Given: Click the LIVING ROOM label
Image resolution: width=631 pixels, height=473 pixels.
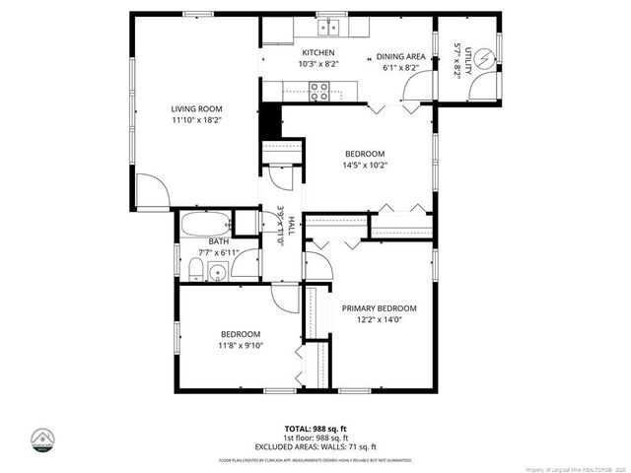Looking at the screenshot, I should click(196, 108).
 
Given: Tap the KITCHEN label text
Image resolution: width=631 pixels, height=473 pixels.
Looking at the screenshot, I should click(318, 52).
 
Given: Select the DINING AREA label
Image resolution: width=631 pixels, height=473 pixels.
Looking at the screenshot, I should click(401, 56).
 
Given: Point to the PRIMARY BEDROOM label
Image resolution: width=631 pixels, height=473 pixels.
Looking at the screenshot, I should click(379, 308).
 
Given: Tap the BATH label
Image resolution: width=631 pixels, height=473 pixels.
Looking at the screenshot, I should click(218, 241).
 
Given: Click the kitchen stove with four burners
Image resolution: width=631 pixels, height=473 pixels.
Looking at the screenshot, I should click(320, 91).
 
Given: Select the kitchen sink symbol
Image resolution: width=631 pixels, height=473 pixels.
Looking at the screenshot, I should click(332, 28).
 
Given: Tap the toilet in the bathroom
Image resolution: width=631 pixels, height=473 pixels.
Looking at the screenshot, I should click(194, 271).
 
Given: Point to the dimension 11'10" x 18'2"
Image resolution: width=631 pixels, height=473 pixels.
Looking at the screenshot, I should click(196, 120).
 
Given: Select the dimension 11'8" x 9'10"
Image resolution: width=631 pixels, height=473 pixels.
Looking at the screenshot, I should click(241, 345).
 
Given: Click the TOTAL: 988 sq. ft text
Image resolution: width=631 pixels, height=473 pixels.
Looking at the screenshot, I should click(315, 428).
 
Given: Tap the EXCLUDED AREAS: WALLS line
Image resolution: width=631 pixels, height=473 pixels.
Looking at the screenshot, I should click(315, 445).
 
